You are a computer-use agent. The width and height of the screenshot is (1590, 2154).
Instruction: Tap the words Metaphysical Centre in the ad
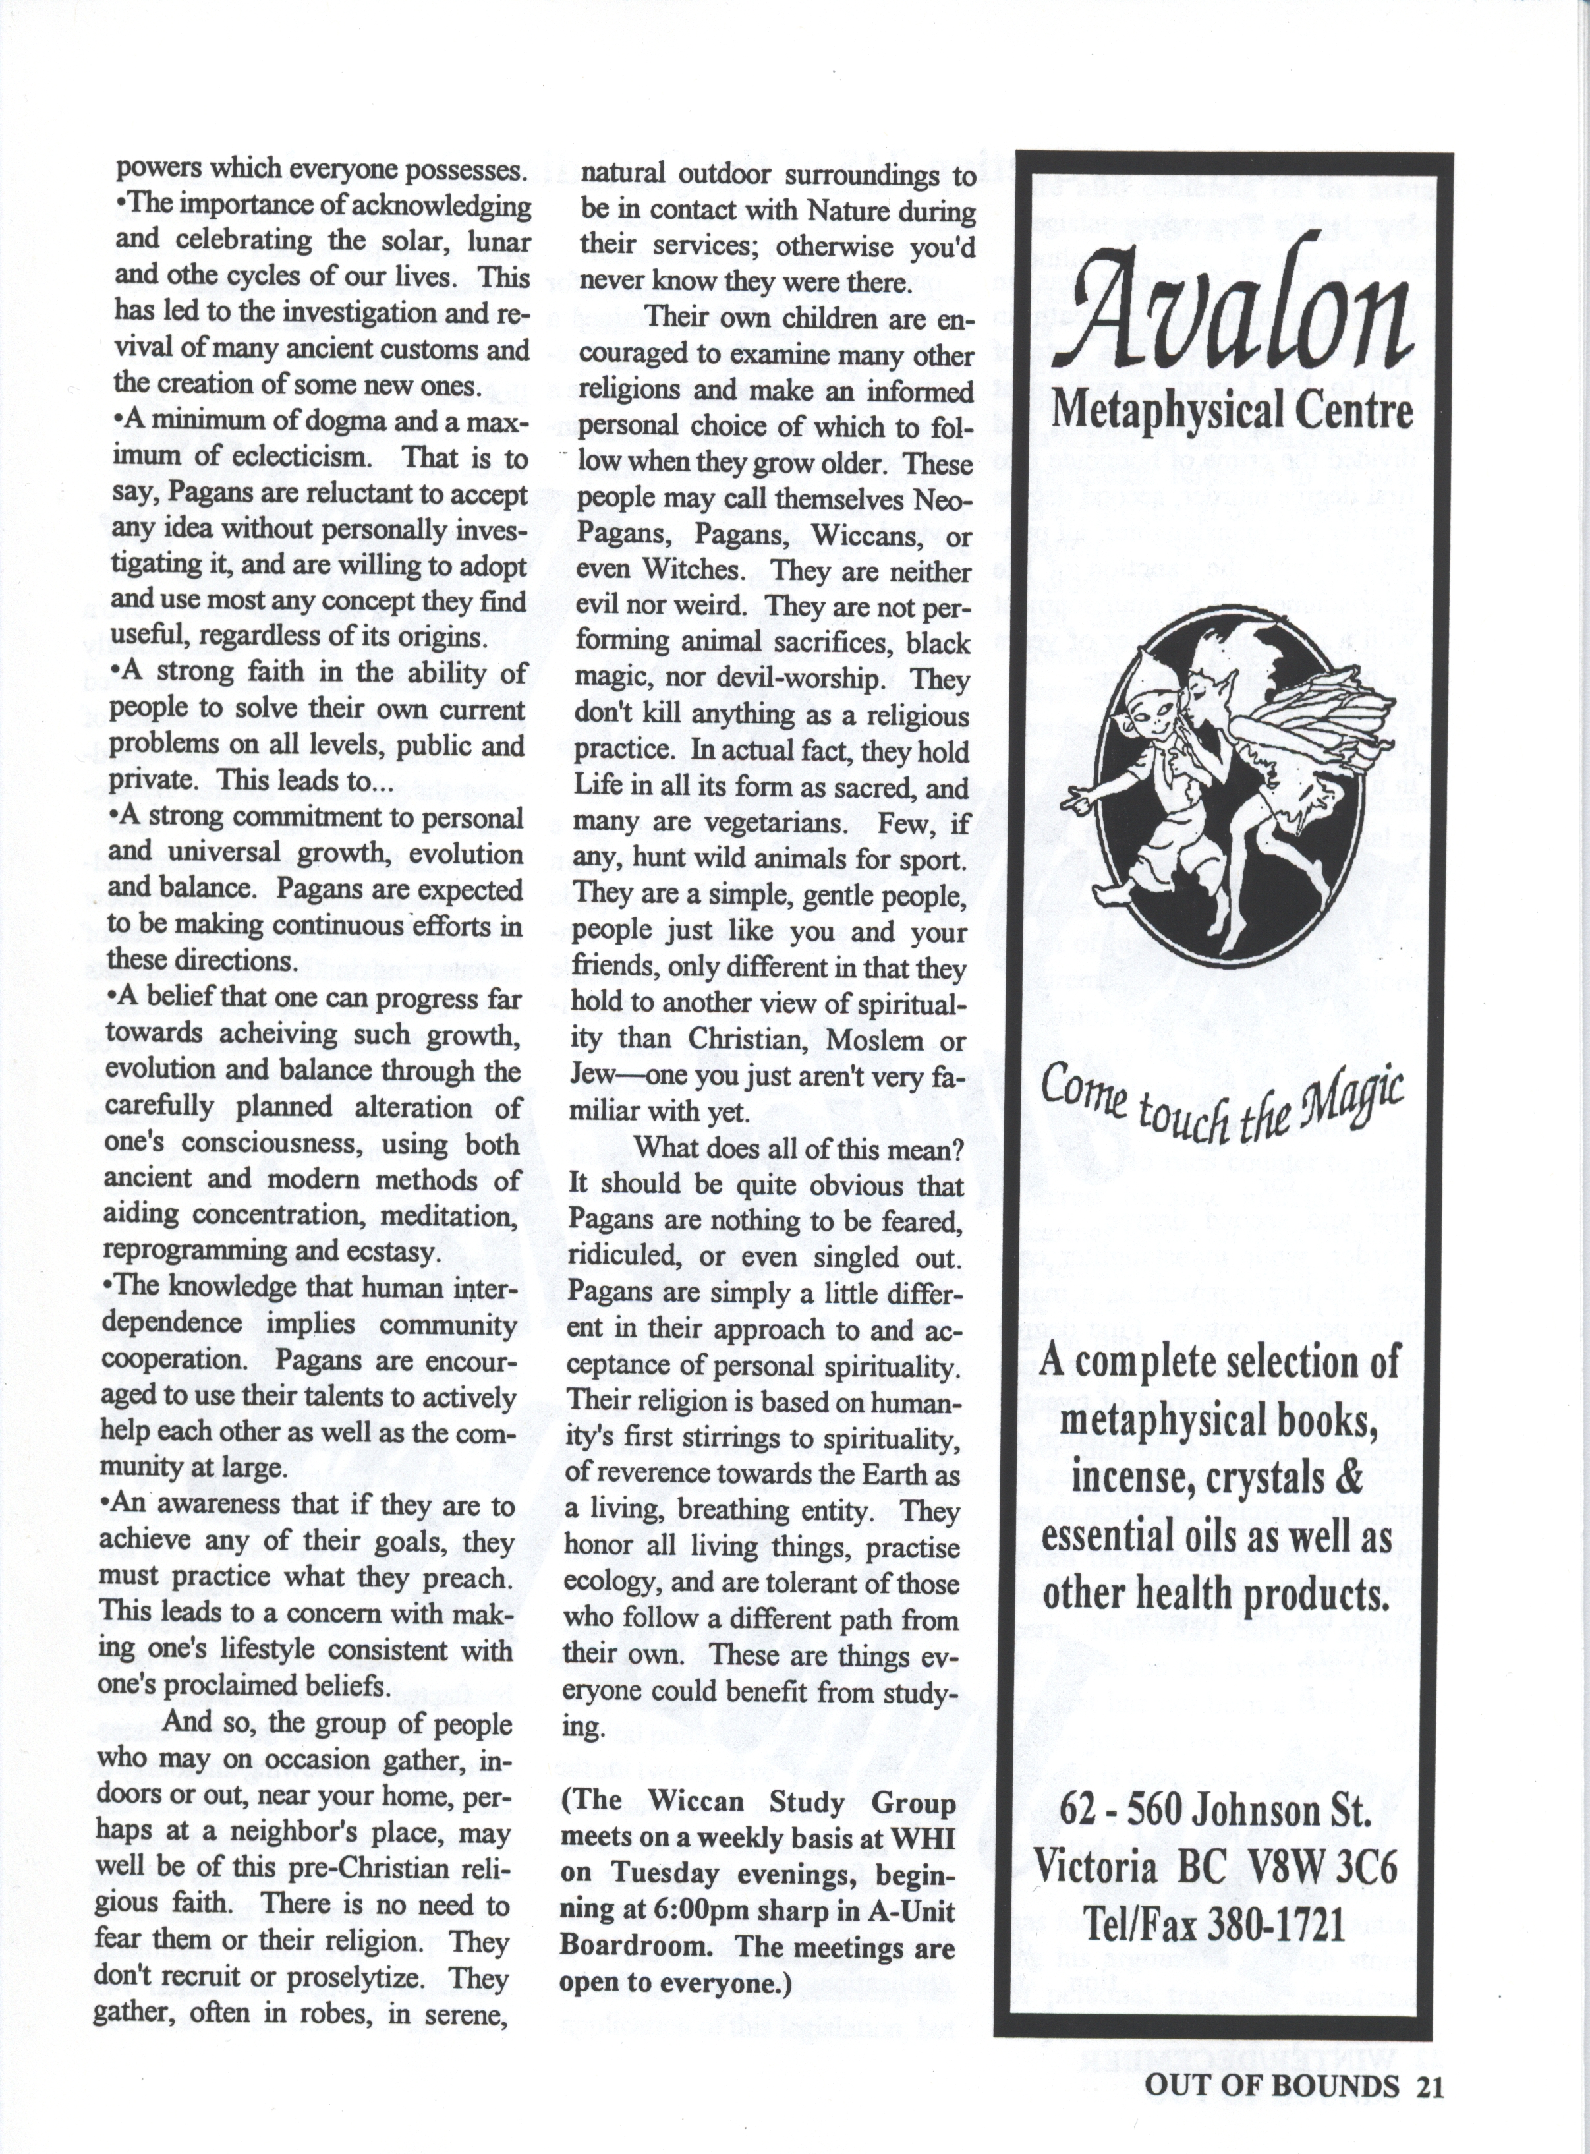tap(1233, 411)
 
